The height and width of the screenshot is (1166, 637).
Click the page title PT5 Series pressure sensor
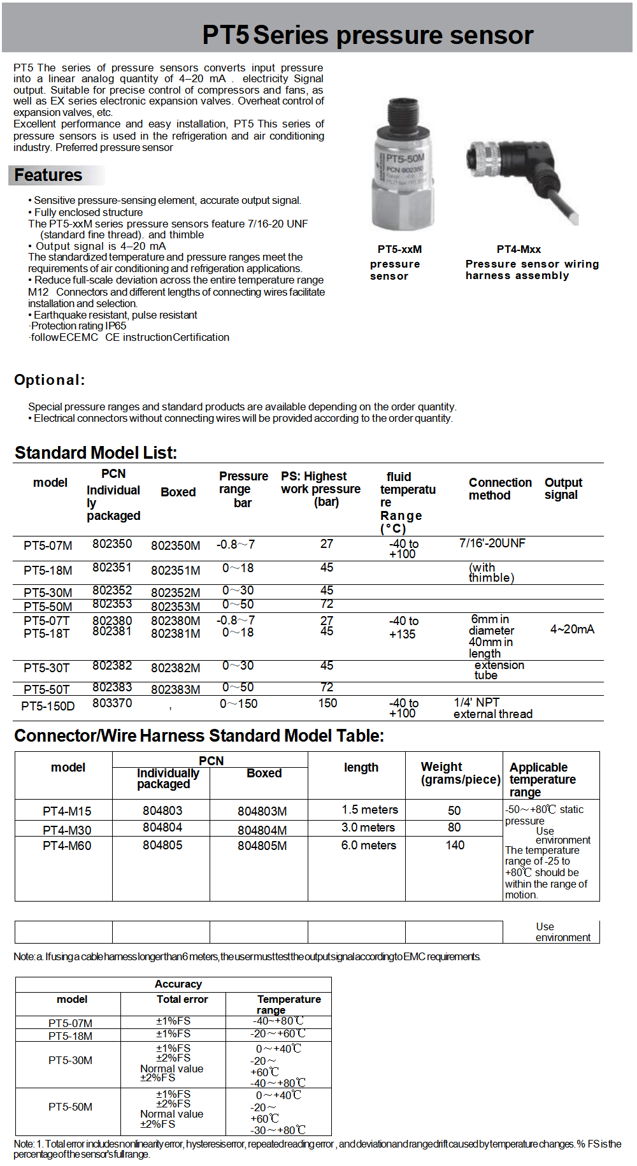368,35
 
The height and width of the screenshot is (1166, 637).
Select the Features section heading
48,175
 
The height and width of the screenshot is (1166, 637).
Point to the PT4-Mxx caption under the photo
519,249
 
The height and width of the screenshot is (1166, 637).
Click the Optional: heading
50,380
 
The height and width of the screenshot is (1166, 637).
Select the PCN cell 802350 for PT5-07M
112,543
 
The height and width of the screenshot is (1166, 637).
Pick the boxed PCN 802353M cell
175,607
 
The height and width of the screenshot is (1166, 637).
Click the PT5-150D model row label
48,706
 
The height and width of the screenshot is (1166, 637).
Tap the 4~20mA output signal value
572,629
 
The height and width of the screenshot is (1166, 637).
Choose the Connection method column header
500,489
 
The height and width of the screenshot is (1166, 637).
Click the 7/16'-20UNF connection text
492,543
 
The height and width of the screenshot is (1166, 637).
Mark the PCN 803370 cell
112,703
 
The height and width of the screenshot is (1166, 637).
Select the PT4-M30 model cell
67,830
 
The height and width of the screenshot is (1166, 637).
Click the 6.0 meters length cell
368,845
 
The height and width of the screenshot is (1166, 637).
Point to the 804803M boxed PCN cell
262,811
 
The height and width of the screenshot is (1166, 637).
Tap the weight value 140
455,845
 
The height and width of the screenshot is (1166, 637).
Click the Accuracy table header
178,984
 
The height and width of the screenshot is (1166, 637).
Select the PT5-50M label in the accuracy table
70,1107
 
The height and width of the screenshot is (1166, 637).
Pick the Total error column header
182,999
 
